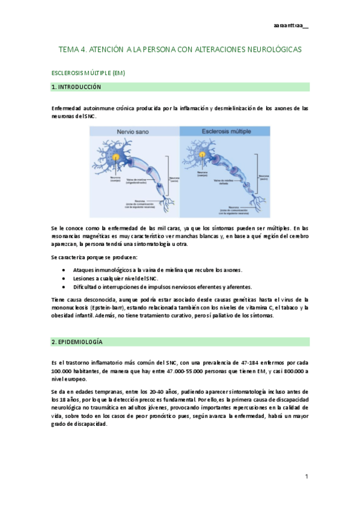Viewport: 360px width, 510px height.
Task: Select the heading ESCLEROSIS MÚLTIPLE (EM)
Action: point(88,73)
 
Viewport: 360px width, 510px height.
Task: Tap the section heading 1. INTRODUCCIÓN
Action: point(76,87)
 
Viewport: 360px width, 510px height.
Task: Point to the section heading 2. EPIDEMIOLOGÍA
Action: point(77,342)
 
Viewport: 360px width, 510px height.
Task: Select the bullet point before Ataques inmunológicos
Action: point(64,270)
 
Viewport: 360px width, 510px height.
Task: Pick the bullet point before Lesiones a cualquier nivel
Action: point(64,278)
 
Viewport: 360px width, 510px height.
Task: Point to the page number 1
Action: point(306,476)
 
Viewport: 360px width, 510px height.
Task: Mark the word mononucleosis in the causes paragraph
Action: point(73,307)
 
